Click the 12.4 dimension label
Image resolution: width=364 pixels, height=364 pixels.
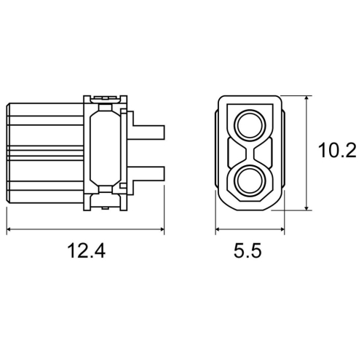(x=86, y=250)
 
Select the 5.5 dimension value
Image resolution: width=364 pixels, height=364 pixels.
(x=248, y=250)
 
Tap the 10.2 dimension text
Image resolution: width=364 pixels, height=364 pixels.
(x=337, y=151)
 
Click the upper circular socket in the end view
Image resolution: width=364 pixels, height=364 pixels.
(x=250, y=125)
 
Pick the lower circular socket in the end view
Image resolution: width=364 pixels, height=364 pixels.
(x=250, y=181)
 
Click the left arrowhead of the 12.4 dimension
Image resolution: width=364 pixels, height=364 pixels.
(x=9, y=229)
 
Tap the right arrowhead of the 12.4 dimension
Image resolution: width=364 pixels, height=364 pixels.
(x=162, y=229)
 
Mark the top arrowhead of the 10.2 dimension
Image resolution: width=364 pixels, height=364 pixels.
(x=306, y=98)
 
